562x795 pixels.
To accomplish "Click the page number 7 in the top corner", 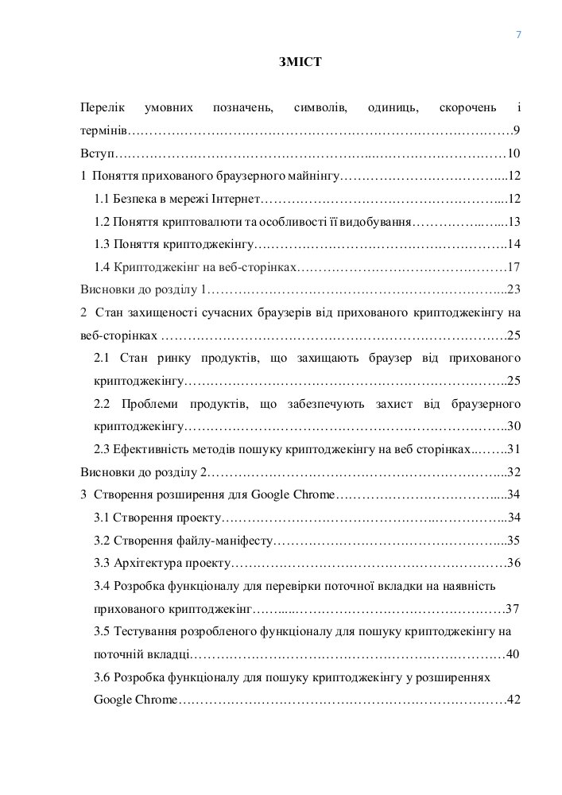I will click(518, 34).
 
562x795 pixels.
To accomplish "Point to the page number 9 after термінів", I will click(517, 130).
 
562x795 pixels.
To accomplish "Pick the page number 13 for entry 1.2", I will click(514, 222).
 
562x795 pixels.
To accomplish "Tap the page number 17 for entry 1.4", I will click(514, 267).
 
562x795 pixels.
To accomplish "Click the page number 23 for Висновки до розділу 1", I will click(514, 289).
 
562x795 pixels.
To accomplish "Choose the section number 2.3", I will click(103, 449).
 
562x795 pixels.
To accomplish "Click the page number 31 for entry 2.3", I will click(514, 449).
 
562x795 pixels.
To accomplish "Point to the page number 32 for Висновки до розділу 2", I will click(514, 472).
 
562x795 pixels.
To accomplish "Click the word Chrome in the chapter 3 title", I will click(315, 495).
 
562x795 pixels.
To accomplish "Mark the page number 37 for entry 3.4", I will click(513, 610).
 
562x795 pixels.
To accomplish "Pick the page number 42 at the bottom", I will click(514, 700).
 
